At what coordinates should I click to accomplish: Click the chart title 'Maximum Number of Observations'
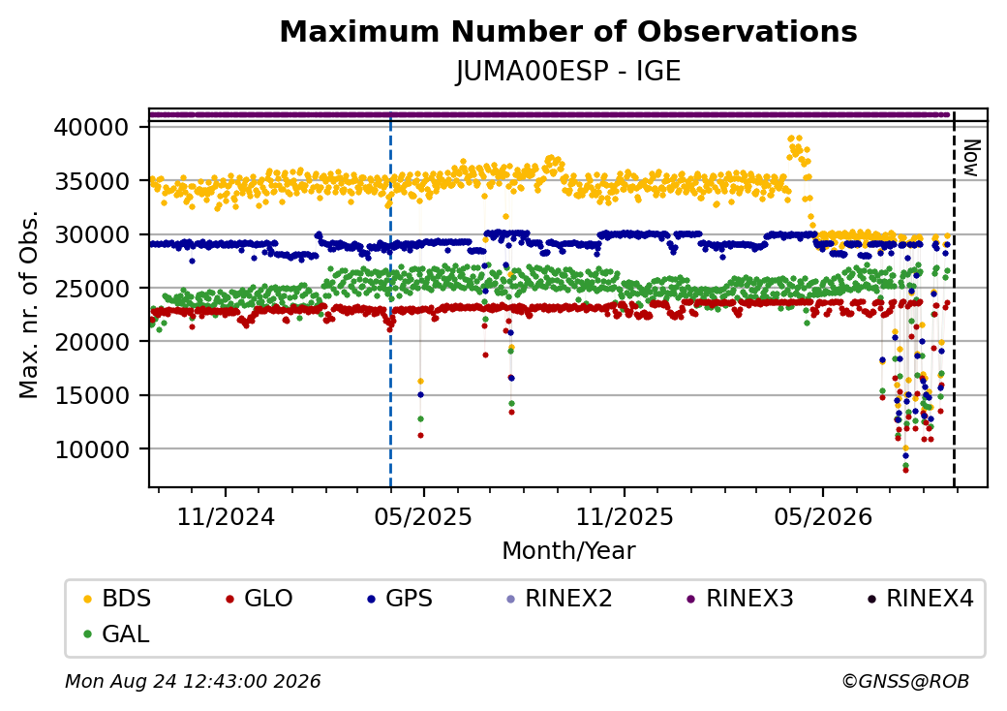click(x=568, y=31)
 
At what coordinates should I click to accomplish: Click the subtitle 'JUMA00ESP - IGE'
click(x=568, y=71)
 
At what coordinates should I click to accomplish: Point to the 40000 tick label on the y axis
click(x=91, y=127)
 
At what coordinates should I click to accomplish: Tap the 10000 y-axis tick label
click(x=91, y=448)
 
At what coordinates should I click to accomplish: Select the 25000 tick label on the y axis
click(x=91, y=289)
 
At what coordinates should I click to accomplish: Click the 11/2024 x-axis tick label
click(x=226, y=517)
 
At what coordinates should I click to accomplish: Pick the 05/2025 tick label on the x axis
click(x=423, y=517)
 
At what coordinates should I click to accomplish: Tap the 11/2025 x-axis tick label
click(x=625, y=517)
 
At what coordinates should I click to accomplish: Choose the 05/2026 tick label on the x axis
click(x=823, y=517)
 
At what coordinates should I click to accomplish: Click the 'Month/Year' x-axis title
click(x=568, y=551)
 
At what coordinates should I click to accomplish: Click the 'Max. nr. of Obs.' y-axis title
click(x=28, y=304)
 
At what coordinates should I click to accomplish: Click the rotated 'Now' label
click(x=972, y=158)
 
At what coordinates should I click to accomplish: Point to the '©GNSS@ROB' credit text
click(x=905, y=681)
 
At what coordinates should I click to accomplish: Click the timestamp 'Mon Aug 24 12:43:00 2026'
click(x=193, y=681)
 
